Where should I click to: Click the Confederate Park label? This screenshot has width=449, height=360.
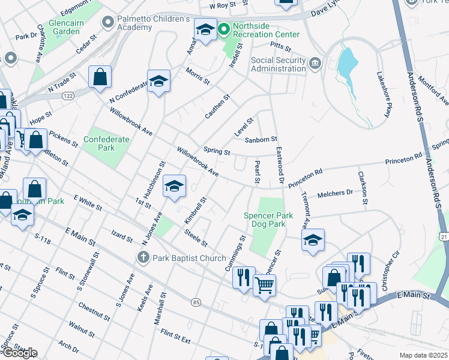click(x=106, y=143)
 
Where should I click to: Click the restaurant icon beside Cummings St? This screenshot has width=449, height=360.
click(x=243, y=277)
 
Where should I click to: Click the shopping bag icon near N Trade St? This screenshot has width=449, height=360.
click(x=100, y=76)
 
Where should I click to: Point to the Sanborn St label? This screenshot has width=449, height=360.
click(x=261, y=140)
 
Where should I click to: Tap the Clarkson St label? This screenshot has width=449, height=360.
click(x=362, y=187)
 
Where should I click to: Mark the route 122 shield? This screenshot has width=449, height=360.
click(x=67, y=95)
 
